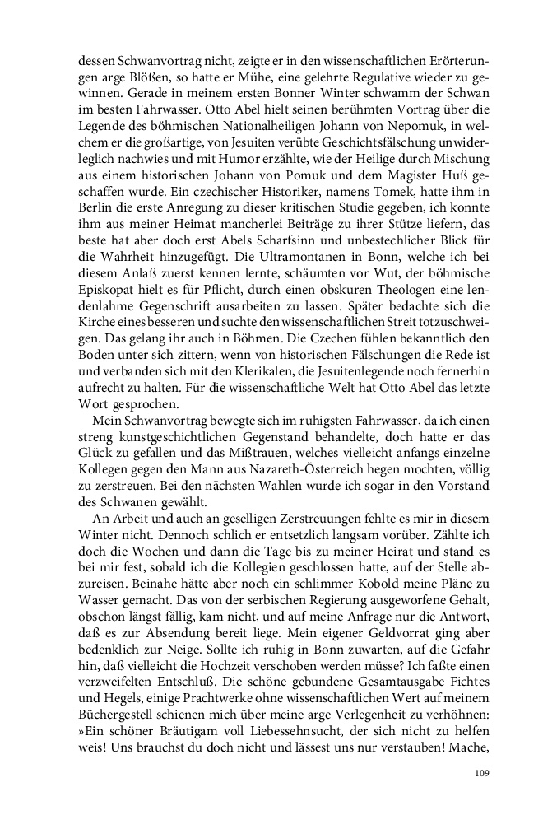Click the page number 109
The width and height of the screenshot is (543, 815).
[x=483, y=773]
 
